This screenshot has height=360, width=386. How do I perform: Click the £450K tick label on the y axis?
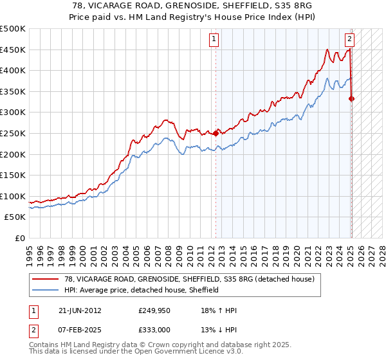(x=13, y=50)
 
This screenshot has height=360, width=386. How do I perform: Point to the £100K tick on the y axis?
(x=13, y=196)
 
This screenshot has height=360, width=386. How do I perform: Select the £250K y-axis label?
(x=13, y=133)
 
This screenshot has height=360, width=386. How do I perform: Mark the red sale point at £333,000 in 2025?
(x=352, y=98)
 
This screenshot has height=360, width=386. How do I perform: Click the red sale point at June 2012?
(x=216, y=134)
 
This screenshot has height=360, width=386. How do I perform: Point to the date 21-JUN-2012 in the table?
(x=80, y=310)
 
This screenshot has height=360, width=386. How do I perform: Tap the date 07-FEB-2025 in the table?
(x=80, y=330)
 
